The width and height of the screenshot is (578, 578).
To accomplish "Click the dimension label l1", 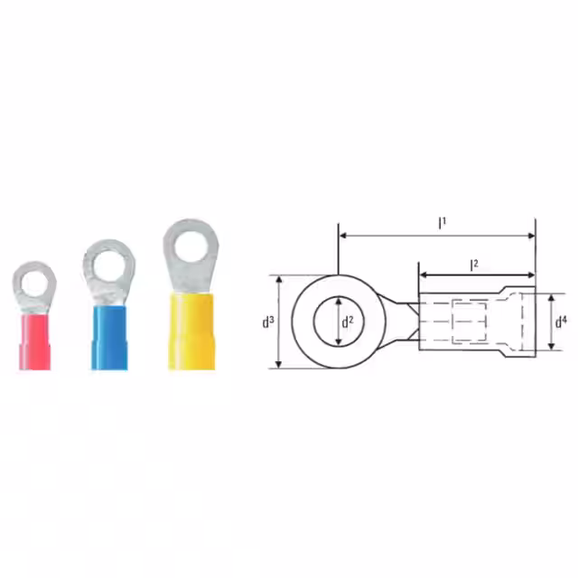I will (x=442, y=222).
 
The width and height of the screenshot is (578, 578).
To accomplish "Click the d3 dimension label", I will (x=268, y=321).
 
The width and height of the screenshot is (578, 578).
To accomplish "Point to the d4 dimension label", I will (x=561, y=321).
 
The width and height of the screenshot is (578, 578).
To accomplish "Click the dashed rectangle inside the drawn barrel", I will (x=469, y=322).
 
